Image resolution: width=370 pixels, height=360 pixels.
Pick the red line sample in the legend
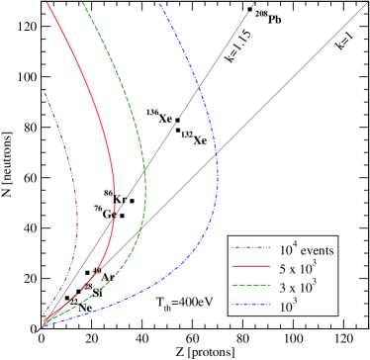pos(250,268)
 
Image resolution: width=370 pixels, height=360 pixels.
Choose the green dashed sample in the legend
pos(250,287)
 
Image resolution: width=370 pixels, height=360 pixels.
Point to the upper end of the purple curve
pos(44,90)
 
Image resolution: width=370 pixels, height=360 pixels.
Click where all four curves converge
pos(43,320)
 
